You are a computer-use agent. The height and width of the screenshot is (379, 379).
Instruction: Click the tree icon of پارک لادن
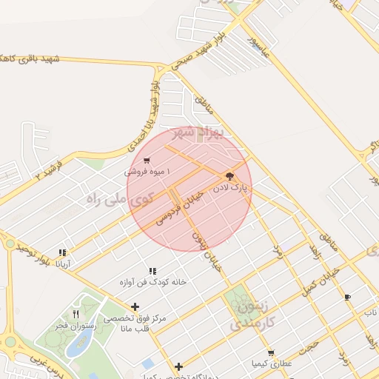228,176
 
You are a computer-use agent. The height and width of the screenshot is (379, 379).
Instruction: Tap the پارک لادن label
231,189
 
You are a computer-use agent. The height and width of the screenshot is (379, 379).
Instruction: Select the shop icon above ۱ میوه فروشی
147,160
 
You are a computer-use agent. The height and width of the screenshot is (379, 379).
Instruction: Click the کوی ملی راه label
119,198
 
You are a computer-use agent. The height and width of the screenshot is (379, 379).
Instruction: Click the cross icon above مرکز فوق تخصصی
135,306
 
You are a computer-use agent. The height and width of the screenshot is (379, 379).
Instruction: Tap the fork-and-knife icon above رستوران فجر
76,314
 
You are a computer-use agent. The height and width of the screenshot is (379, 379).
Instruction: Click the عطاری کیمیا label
271,364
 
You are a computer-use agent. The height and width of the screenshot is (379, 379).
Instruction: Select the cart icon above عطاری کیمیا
271,353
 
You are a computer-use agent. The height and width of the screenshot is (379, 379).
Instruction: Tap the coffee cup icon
348,297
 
